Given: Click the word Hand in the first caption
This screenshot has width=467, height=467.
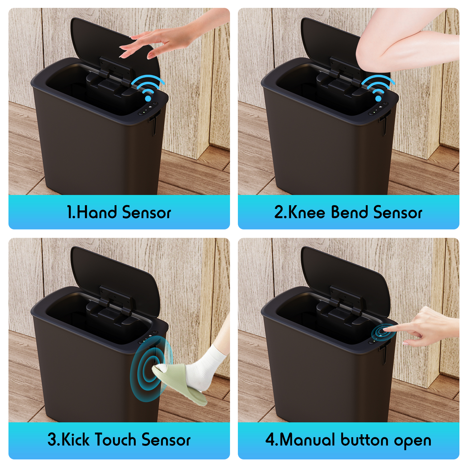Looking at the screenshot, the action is point(97,212).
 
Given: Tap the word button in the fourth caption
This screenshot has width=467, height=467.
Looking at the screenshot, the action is point(365,440).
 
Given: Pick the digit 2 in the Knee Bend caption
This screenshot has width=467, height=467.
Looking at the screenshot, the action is point(279,212).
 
